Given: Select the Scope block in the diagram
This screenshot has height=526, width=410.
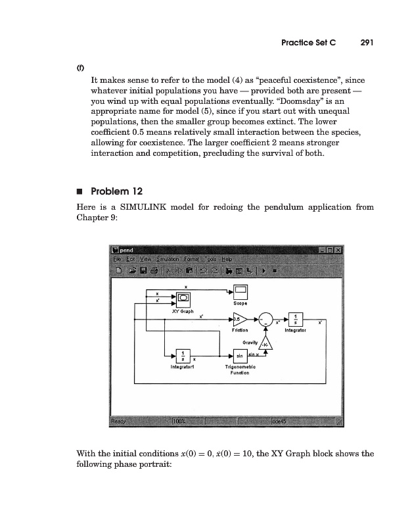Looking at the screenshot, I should click(240, 291).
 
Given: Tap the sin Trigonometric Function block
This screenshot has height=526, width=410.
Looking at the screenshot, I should click(241, 356).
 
